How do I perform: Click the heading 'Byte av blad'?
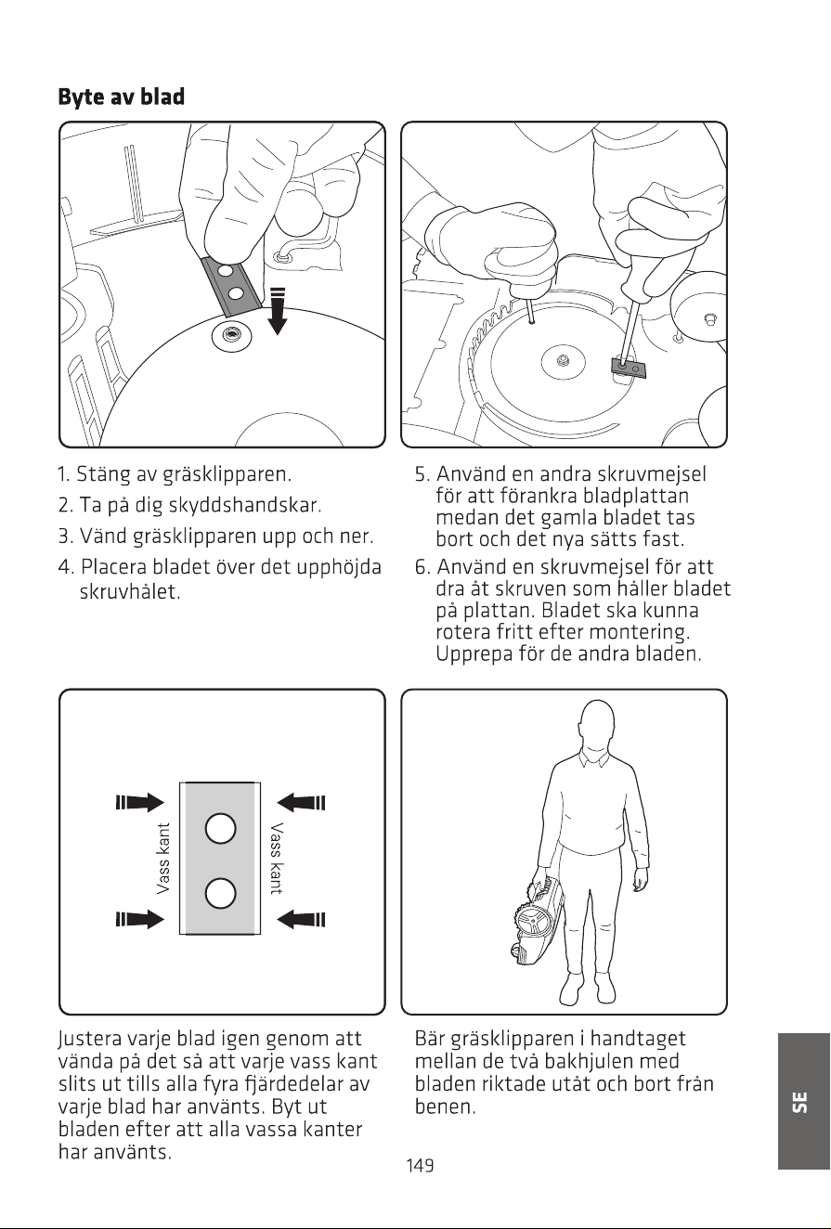tap(122, 97)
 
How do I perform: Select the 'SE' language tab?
tap(802, 1101)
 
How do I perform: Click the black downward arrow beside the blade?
tap(278, 311)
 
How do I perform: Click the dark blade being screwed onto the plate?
tap(629, 367)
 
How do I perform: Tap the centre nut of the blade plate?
tap(562, 361)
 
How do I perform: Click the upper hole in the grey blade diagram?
tap(221, 828)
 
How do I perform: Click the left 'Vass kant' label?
tap(163, 859)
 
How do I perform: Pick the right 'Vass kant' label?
tap(277, 859)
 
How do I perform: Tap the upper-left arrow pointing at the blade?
tap(139, 803)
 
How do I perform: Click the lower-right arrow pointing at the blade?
tap(301, 919)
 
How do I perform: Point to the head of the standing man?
tap(596, 726)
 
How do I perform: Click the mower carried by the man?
tap(537, 917)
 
